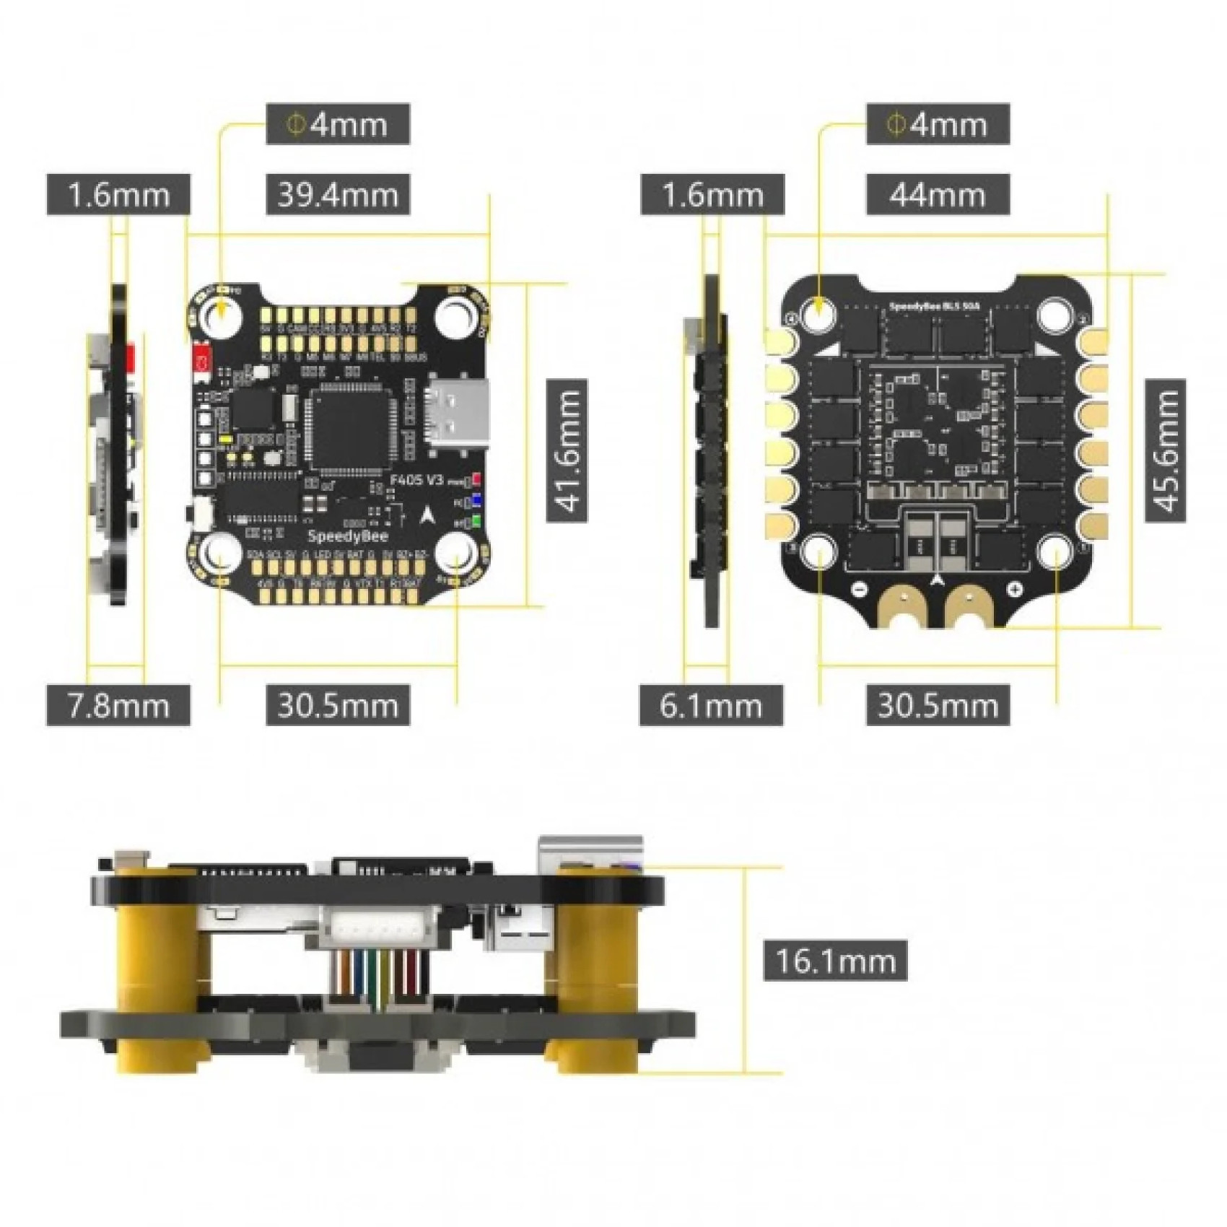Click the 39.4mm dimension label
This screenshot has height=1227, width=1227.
pos(338,195)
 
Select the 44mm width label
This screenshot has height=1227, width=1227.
pos(938,195)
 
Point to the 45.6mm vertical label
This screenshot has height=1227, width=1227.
pos(1165,450)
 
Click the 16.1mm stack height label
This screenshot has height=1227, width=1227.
pos(835,961)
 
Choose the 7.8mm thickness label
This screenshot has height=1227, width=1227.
pos(118,705)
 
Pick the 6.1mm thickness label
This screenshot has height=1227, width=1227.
pos(711,705)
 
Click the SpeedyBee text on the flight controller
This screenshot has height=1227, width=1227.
pos(348,536)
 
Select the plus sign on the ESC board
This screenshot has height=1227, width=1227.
pos(1015,589)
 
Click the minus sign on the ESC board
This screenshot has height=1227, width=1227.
pos(859,589)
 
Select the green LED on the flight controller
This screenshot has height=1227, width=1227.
pos(476,522)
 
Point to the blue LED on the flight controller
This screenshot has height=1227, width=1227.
pos(476,501)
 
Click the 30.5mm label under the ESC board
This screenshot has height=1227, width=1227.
pos(938,705)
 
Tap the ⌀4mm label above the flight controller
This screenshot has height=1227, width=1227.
pos(338,124)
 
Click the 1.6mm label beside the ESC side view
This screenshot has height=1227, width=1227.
pos(712,195)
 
